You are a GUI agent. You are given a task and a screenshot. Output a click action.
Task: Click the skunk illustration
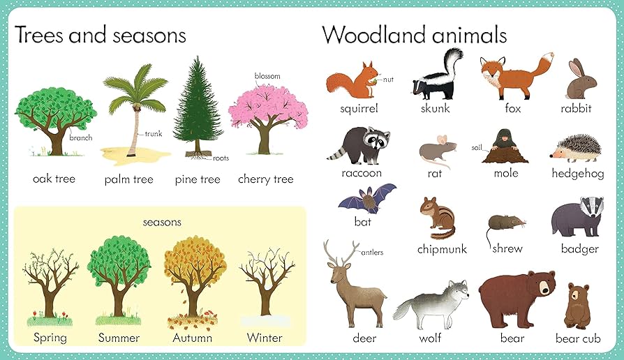(438, 75)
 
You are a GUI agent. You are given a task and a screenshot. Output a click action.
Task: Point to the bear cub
(577, 306)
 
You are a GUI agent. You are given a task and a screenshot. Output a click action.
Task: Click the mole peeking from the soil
(505, 147)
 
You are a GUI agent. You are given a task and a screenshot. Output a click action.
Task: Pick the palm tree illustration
(135, 113)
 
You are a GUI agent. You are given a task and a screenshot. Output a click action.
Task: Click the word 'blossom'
(267, 75)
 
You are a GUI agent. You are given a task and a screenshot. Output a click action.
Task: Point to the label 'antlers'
(372, 253)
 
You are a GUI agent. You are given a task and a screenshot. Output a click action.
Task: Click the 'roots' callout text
(221, 158)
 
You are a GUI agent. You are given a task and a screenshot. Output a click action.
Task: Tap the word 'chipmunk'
(442, 249)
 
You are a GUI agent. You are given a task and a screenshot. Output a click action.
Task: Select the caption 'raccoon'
(362, 173)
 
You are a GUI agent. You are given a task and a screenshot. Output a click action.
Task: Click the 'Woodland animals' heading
(415, 35)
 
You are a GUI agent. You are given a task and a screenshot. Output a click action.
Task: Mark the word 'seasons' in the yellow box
(162, 222)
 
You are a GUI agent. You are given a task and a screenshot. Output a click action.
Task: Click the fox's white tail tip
(549, 57)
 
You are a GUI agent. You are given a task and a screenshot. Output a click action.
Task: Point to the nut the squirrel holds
(374, 81)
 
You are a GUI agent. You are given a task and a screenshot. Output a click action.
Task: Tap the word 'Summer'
(119, 338)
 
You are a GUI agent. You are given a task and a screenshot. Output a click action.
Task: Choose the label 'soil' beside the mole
(476, 148)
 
